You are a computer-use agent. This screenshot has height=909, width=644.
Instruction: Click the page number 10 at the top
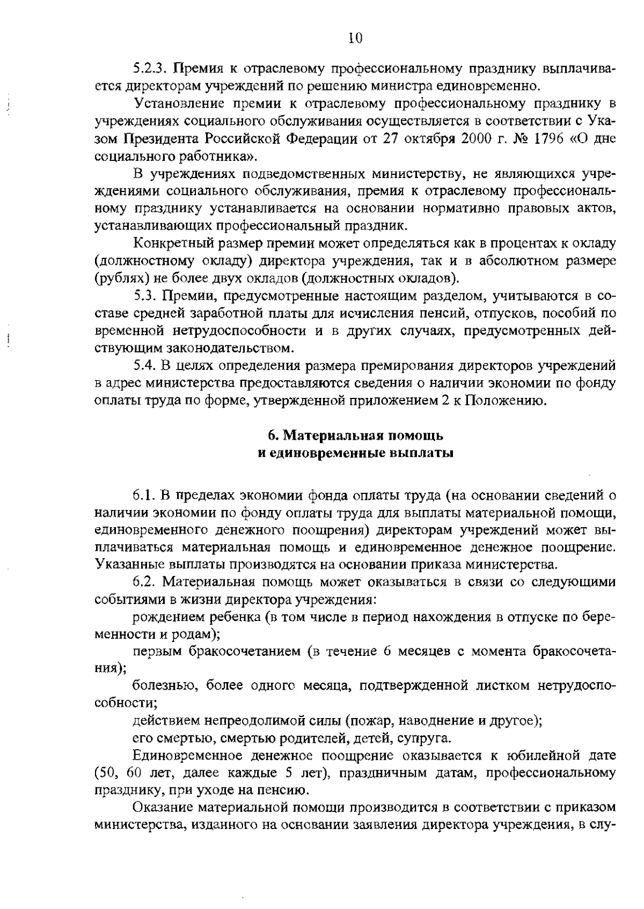(356, 37)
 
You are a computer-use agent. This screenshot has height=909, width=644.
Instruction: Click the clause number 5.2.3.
(151, 69)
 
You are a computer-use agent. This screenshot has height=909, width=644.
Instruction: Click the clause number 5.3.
(145, 295)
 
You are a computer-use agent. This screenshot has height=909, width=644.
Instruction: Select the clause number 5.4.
(145, 366)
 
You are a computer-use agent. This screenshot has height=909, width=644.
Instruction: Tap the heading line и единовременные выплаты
(355, 453)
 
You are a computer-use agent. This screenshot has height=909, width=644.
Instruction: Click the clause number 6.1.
(145, 494)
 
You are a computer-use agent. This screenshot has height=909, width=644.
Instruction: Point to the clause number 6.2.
(145, 582)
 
